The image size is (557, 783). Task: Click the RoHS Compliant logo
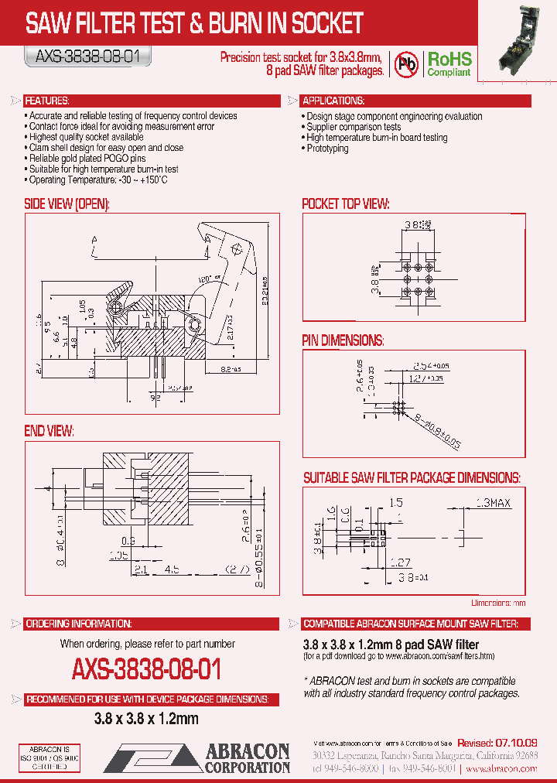[449, 63]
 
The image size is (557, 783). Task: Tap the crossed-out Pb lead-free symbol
[407, 63]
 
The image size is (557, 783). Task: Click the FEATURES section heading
[47, 101]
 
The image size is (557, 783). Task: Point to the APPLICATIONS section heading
[333, 101]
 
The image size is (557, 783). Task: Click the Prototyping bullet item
[327, 149]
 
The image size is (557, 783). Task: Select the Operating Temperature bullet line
[97, 180]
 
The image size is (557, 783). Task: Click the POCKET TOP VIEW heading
[345, 203]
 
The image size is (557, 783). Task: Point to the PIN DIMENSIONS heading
[343, 340]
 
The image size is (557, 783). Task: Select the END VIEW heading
[49, 430]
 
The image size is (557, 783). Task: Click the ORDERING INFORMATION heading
[77, 624]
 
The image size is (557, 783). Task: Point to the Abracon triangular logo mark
[151, 758]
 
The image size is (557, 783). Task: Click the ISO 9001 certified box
[49, 758]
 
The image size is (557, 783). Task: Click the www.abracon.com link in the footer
[512, 769]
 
